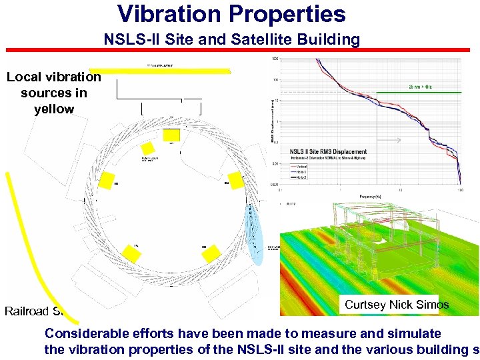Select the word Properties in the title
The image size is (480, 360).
(291, 14)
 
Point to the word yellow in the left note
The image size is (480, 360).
(54, 109)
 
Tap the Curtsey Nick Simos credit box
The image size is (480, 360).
(396, 305)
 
